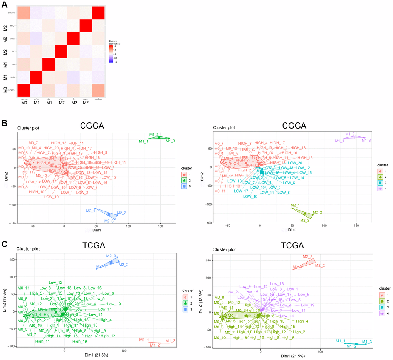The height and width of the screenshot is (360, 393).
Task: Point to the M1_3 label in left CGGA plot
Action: coord(170,141)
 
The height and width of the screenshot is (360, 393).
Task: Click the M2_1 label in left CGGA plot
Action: coord(90,211)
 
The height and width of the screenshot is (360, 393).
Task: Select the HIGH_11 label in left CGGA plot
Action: coord(118,162)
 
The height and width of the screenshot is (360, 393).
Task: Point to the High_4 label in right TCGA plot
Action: coord(302,321)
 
